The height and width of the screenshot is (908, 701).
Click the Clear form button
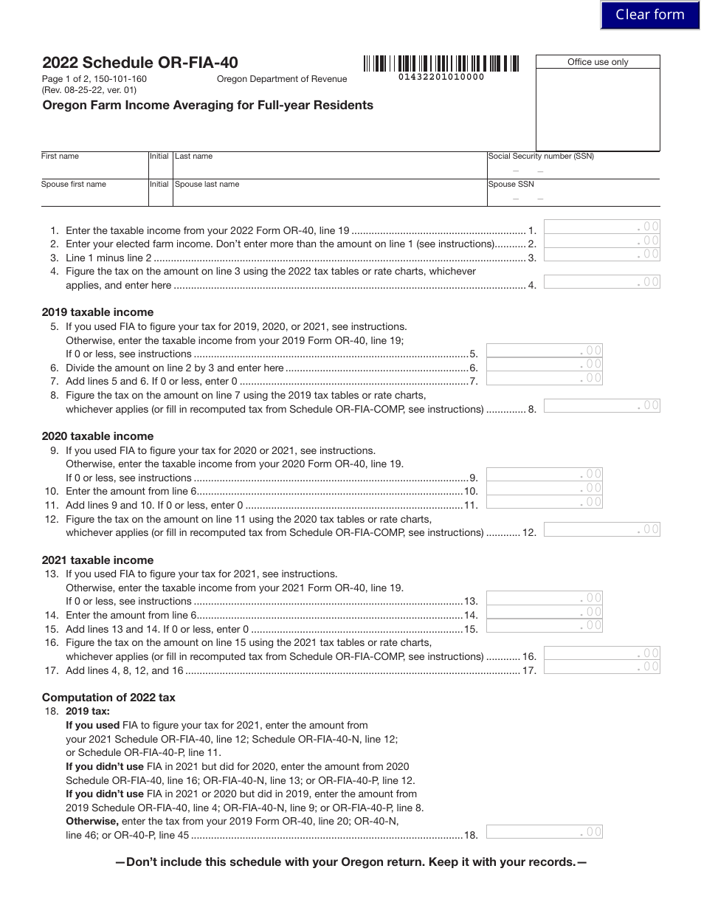649,15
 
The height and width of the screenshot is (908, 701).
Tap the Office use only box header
598,62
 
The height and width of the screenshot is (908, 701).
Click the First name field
94,168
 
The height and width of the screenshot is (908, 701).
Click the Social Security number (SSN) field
573,168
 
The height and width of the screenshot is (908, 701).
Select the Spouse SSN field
573,196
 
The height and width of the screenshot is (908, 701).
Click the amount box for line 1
601,227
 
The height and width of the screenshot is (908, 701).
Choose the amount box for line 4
601,281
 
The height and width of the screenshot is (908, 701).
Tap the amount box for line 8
601,405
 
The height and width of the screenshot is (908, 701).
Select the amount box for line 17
601,667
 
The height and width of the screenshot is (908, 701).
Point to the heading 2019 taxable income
97,312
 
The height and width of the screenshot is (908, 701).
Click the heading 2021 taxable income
97,560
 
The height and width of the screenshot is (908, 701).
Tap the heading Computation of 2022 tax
108,698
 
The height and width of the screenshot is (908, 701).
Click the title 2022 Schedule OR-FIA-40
140,63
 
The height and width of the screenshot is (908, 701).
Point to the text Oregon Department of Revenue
281,79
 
